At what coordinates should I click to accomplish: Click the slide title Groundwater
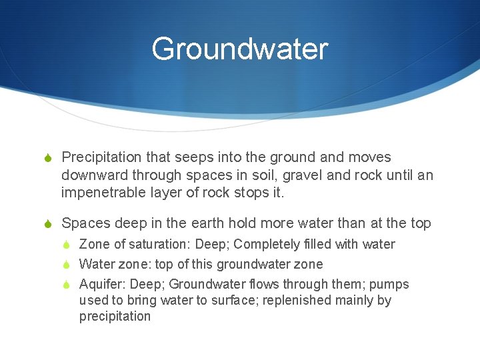tap(239, 49)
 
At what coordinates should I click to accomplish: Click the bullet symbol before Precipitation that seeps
tap(47, 159)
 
